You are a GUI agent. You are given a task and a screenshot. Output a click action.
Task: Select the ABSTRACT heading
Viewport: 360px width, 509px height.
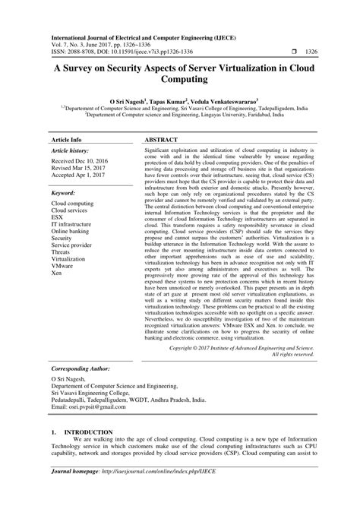coord(163,141)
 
